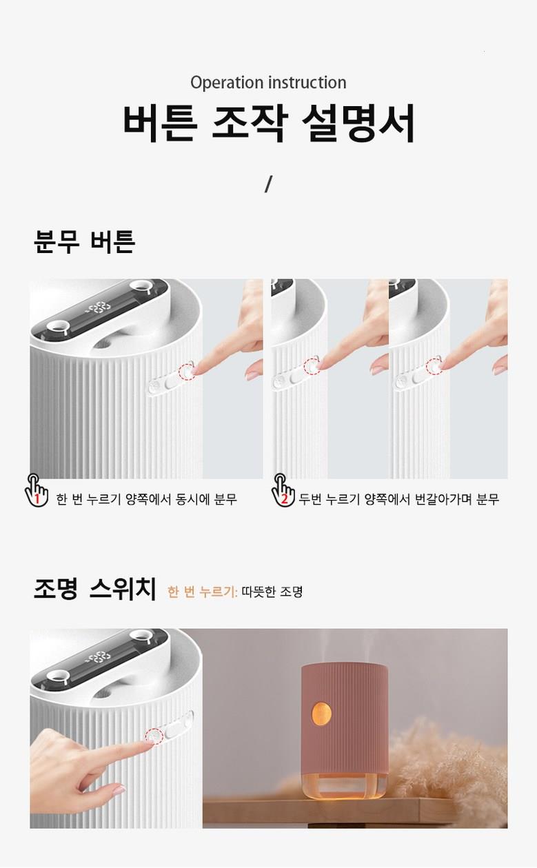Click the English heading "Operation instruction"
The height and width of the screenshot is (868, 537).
[268, 83]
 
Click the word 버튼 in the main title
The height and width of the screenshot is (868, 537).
[160, 123]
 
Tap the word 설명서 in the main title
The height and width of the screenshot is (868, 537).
[358, 123]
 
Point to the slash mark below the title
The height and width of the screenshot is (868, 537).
[268, 184]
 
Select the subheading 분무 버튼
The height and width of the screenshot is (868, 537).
[85, 241]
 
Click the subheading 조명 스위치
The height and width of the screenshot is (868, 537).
[95, 588]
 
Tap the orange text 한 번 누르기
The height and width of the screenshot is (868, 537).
[202, 592]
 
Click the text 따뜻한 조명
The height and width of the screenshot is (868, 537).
[272, 592]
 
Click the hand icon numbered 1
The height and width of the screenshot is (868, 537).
[36, 490]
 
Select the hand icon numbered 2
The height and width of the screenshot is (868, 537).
[283, 490]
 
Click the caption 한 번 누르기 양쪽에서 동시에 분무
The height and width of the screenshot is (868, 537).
[146, 499]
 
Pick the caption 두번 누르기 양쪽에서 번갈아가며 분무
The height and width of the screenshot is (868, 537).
[398, 499]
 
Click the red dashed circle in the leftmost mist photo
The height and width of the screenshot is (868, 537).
[187, 372]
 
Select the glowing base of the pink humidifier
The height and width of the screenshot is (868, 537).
[344, 785]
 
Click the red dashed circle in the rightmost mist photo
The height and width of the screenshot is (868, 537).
[434, 367]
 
